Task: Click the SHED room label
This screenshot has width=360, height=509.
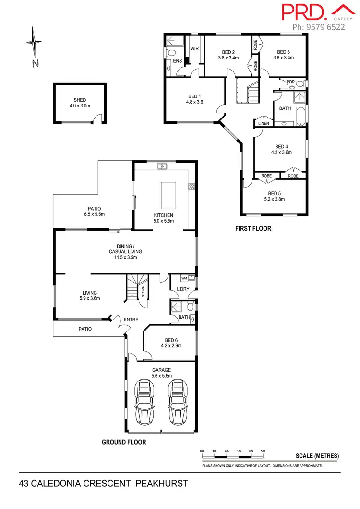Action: click(x=77, y=100)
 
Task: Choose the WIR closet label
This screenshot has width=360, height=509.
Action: click(x=194, y=49)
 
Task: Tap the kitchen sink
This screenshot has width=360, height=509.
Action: click(x=163, y=167)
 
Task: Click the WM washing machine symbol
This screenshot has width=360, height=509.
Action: click(x=184, y=278)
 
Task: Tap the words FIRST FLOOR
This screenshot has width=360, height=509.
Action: click(x=253, y=229)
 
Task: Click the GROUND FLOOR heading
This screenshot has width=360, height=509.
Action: click(x=124, y=442)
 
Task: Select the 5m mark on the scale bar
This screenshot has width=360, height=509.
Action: click(x=263, y=451)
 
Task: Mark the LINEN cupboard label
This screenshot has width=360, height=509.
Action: click(x=264, y=123)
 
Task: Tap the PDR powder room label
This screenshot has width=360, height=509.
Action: click(x=290, y=82)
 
